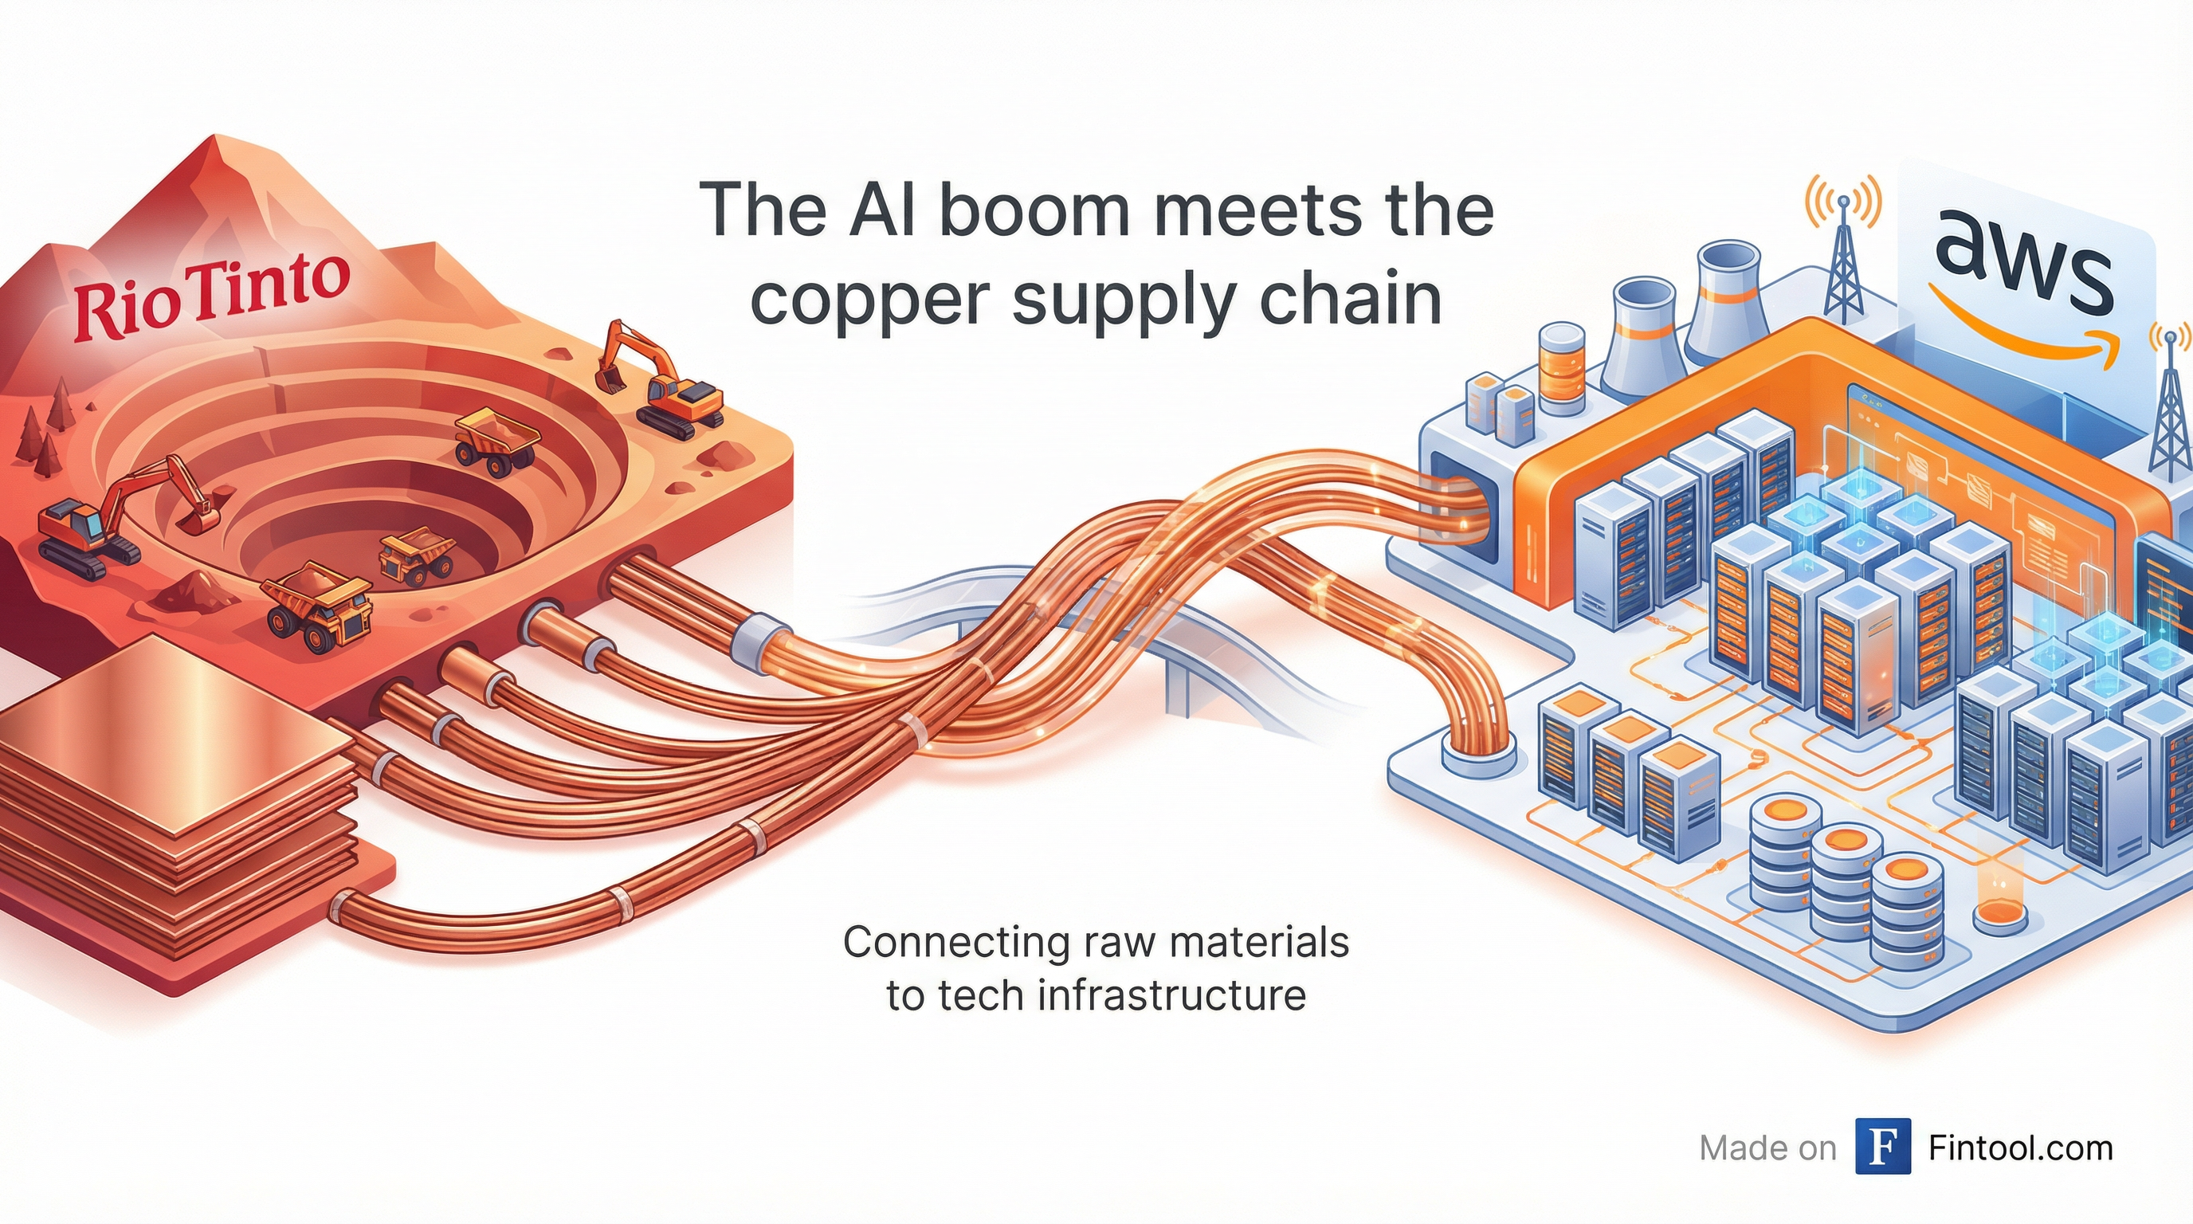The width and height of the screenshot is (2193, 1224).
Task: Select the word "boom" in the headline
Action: coord(1034,210)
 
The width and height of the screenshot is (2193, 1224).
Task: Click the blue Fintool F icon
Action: coord(1883,1147)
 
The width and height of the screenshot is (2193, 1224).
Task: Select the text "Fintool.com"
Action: coord(2020,1148)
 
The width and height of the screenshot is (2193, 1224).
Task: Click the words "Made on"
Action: coord(1767,1148)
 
